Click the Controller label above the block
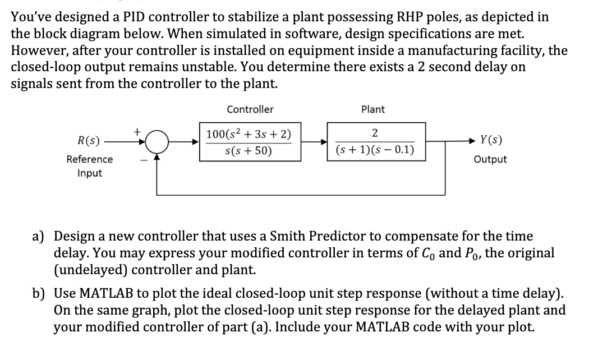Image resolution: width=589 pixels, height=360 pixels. click(x=250, y=109)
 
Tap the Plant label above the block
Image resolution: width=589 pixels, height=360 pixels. click(x=373, y=109)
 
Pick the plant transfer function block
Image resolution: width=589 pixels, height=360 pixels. click(x=375, y=142)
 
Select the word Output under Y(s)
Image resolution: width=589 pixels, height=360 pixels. click(x=490, y=159)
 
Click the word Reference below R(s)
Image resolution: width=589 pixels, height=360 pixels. click(x=90, y=159)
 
